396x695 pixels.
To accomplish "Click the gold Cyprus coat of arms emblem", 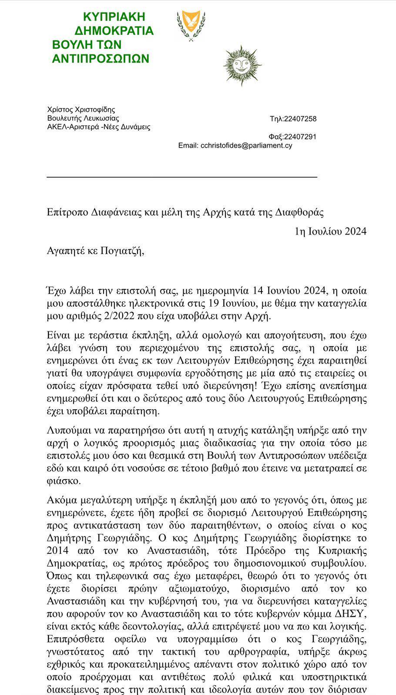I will tap(191, 25).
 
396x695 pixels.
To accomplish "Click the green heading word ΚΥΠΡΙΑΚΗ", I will tap(114, 17).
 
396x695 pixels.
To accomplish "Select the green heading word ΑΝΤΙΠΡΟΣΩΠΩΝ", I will tap(101, 59).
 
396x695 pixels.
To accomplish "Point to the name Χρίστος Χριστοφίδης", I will tap(81, 109).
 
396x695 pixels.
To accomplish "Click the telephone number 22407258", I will tap(300, 119).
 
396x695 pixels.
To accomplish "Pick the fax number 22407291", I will tap(300, 137).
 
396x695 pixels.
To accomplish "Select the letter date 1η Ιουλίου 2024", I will tap(330, 231).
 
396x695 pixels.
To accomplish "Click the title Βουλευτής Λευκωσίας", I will tap(83, 118).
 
